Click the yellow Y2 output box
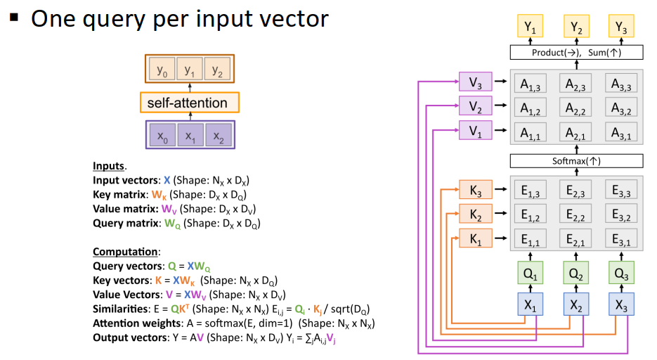tap(576, 27)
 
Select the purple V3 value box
tap(475, 82)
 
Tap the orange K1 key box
tap(475, 238)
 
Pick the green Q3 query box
tap(621, 273)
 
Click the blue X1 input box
tap(530, 304)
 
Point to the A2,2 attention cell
tap(575, 108)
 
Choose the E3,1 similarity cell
tap(621, 238)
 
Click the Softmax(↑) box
tap(577, 161)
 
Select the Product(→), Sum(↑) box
tap(577, 53)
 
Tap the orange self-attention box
tap(190, 103)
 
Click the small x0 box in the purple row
tap(162, 135)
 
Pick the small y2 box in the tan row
tap(217, 69)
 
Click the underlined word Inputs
tap(108, 166)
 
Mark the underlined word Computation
tap(125, 252)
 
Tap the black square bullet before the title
tap(14, 17)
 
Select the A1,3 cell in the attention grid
tap(530, 83)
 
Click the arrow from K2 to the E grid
tap(501, 213)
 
